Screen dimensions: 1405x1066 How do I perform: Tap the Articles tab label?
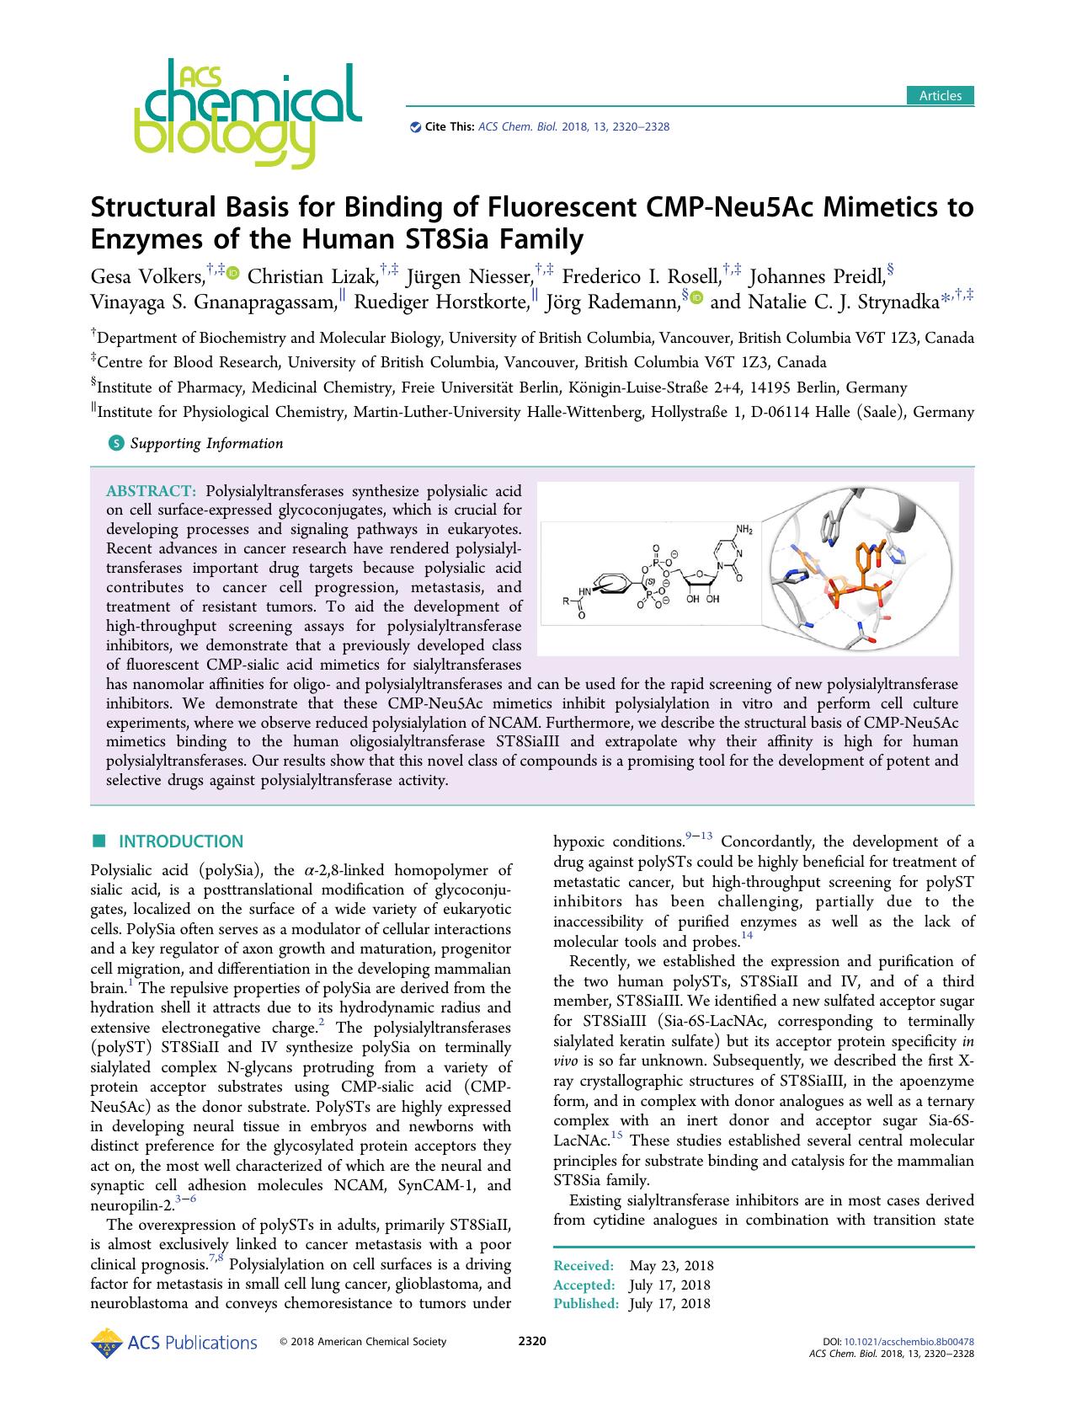(940, 95)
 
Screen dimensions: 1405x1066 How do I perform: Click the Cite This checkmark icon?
(414, 127)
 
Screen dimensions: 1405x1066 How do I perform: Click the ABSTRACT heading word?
(152, 490)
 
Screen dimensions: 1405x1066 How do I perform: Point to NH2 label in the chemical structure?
(745, 529)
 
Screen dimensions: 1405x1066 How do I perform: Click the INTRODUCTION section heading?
(181, 841)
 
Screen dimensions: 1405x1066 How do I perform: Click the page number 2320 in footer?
(532, 1342)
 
